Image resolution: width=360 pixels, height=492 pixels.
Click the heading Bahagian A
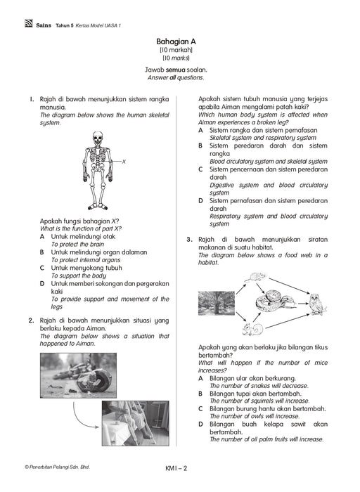pyautogui.click(x=176, y=41)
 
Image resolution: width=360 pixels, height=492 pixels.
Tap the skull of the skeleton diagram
pyautogui.click(x=97, y=138)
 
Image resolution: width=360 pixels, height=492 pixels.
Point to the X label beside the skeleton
pyautogui.click(x=124, y=162)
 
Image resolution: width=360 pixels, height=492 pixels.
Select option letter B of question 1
pyautogui.click(x=41, y=252)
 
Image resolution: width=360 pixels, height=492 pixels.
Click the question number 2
pyautogui.click(x=31, y=321)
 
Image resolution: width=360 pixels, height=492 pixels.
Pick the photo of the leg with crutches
pyautogui.click(x=135, y=423)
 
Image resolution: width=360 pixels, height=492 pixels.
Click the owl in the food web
pyautogui.click(x=316, y=304)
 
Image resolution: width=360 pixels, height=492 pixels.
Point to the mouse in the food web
pyautogui.click(x=257, y=277)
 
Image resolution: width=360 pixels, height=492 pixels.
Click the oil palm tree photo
pyautogui.click(x=217, y=303)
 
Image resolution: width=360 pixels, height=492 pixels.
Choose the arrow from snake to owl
pyautogui.click(x=302, y=304)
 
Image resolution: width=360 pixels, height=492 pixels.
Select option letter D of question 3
pyautogui.click(x=200, y=425)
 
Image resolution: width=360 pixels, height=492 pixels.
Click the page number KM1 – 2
pyautogui.click(x=176, y=469)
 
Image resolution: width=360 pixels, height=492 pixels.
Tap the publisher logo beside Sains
pyautogui.click(x=29, y=23)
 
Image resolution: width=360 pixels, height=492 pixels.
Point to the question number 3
pyautogui.click(x=189, y=240)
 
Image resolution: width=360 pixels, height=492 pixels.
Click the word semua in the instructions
pyautogui.click(x=176, y=70)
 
